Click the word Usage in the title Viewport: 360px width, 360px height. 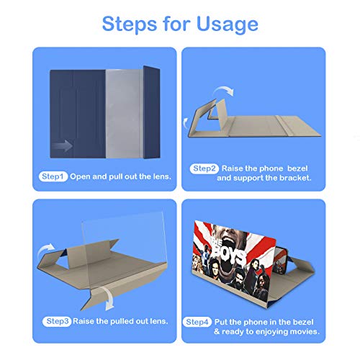point(228,24)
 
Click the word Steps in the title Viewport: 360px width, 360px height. point(130,24)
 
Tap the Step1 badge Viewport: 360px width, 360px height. point(53,176)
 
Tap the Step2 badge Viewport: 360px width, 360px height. point(204,168)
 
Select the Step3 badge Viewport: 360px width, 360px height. point(57,321)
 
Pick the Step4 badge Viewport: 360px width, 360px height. point(197,322)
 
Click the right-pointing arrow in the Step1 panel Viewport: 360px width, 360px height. point(63,145)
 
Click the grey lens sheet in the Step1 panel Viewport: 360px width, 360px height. point(125,114)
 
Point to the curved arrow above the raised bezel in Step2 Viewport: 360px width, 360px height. point(224,91)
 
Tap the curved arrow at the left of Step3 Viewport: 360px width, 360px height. point(45,250)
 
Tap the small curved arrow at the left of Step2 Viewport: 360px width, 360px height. point(185,123)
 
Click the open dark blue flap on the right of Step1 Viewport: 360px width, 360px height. point(152,112)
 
